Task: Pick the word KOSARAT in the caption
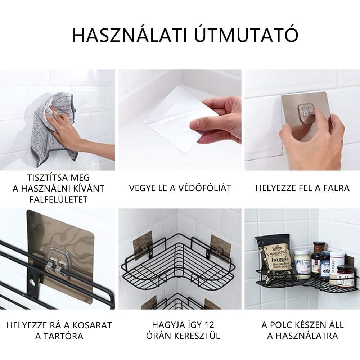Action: [92, 325]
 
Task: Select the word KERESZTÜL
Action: [197, 336]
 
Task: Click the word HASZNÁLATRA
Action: [302, 336]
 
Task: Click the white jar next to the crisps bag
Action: [302, 262]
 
